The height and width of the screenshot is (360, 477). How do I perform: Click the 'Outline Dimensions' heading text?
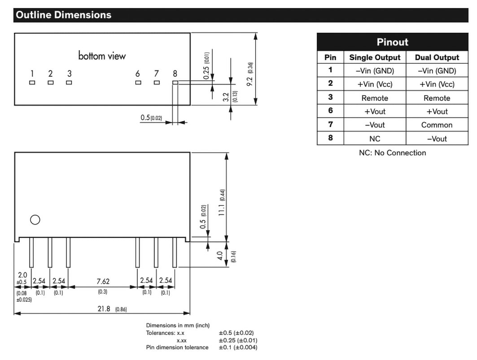pyautogui.click(x=64, y=15)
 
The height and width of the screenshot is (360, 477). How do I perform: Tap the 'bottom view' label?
pyautogui.click(x=102, y=56)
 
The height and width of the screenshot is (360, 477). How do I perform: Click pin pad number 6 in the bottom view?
pyautogui.click(x=138, y=83)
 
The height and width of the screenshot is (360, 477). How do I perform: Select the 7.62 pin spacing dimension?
pyautogui.click(x=103, y=281)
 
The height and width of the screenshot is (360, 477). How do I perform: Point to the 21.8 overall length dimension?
pyautogui.click(x=104, y=308)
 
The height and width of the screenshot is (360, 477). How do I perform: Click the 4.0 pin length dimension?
pyautogui.click(x=219, y=255)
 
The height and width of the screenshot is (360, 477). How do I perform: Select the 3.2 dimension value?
pyautogui.click(x=226, y=97)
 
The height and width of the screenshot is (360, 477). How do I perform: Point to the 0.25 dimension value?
pyautogui.click(x=206, y=73)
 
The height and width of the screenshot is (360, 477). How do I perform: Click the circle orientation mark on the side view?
pyautogui.click(x=35, y=220)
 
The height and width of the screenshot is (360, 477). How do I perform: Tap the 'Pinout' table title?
pyautogui.click(x=393, y=42)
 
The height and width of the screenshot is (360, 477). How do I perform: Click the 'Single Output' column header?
pyautogui.click(x=375, y=57)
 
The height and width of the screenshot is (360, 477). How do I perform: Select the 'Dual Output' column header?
pyautogui.click(x=437, y=57)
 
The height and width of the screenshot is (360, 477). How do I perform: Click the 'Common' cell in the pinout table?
pyautogui.click(x=437, y=125)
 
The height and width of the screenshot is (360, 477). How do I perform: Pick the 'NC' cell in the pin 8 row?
pyautogui.click(x=375, y=139)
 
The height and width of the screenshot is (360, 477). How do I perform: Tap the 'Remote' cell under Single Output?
pyautogui.click(x=375, y=98)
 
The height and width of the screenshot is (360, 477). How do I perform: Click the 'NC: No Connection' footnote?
pyautogui.click(x=393, y=153)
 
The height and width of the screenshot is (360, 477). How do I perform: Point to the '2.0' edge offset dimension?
pyautogui.click(x=22, y=275)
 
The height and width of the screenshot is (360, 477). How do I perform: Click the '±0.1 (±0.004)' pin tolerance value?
pyautogui.click(x=238, y=347)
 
